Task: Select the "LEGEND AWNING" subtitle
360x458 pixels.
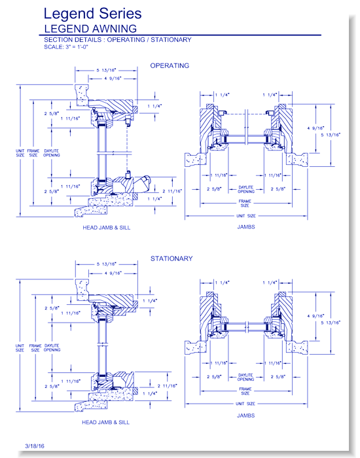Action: coord(89,28)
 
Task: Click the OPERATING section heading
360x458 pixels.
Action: coord(170,65)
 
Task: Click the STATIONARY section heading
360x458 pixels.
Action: coord(171,258)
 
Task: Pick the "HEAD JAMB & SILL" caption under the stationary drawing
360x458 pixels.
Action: coord(105,422)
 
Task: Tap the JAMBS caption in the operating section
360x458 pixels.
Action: coord(246,227)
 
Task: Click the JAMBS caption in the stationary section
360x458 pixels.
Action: coord(246,415)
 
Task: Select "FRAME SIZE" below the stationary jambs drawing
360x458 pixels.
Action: coord(245,391)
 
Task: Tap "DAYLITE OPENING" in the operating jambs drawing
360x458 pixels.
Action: coord(245,188)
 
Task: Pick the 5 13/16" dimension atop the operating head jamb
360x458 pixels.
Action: coord(106,71)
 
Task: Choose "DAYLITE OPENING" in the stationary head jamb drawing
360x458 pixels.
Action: coord(51,347)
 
